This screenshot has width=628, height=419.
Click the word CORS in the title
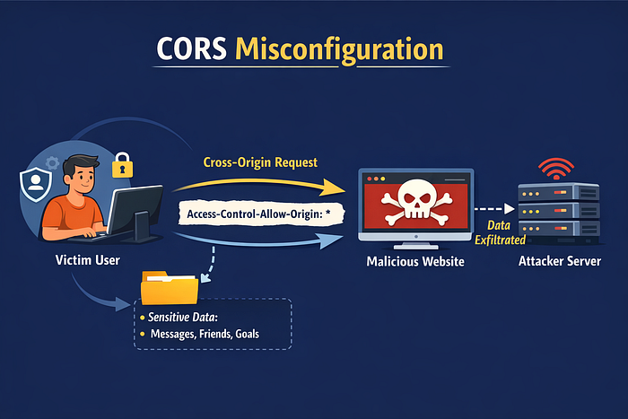click(x=191, y=48)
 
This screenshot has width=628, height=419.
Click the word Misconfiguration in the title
click(x=339, y=50)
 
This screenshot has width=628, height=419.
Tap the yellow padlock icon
click(x=123, y=165)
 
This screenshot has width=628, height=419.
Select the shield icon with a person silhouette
click(x=36, y=184)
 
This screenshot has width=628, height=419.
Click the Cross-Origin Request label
click(x=260, y=162)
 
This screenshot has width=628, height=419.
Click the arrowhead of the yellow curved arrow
click(x=335, y=188)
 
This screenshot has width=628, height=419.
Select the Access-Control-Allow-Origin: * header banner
click(x=261, y=214)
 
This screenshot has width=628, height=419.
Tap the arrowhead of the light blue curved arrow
click(x=332, y=240)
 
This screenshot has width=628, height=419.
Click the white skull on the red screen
click(x=416, y=200)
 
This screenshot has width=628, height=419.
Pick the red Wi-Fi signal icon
click(x=556, y=169)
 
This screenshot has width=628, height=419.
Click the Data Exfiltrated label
click(x=500, y=232)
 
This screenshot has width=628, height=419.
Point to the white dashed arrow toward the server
click(x=494, y=209)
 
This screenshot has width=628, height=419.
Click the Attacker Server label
click(x=560, y=261)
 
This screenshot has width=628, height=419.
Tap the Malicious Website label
click(x=415, y=262)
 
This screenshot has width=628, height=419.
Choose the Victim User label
click(x=88, y=260)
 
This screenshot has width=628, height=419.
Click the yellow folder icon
click(x=170, y=288)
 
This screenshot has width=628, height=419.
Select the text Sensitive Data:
click(x=183, y=318)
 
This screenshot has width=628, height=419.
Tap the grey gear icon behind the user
click(x=52, y=162)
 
